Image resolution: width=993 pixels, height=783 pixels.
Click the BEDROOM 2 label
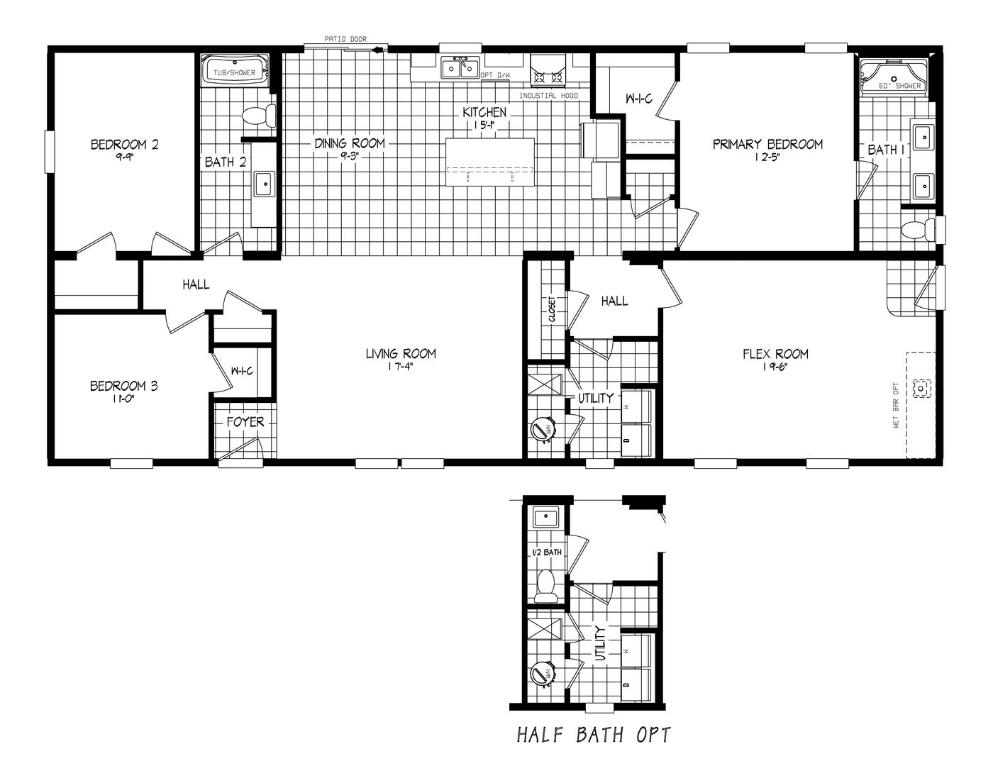pos(124,145)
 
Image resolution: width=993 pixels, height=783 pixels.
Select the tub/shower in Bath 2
pos(237,72)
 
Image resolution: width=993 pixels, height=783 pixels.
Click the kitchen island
pos(490,162)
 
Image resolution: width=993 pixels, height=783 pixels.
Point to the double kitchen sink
pos(460,68)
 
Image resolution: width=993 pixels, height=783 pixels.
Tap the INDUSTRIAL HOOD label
pos(548,96)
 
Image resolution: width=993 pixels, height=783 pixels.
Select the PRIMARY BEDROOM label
pos(767,145)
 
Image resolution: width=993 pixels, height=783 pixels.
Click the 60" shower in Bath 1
pos(894,77)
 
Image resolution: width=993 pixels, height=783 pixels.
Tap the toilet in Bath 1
pos(921,230)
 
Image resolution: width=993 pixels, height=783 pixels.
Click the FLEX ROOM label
pos(775,354)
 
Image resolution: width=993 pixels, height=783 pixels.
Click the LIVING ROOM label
pos(401,353)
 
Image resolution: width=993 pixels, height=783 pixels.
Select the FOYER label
pos(245,422)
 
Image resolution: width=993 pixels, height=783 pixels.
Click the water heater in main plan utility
pos(544,429)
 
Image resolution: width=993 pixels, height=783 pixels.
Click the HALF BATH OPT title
pos(593,735)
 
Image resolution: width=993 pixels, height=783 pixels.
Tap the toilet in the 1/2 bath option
pos(545,586)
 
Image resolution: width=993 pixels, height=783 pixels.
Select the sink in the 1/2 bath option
pos(545,516)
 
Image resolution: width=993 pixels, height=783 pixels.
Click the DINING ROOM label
pos(350,144)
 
